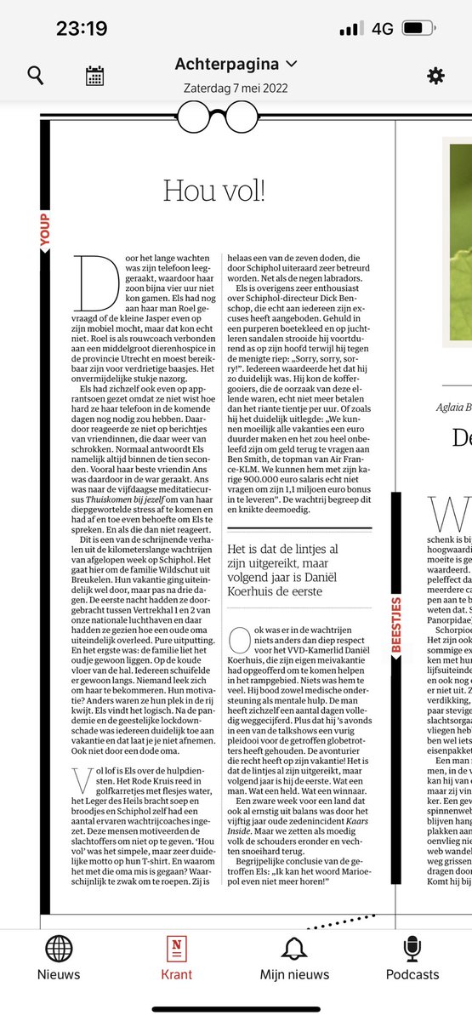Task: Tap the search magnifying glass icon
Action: [36, 76]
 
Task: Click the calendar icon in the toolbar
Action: [94, 76]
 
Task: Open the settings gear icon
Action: [435, 76]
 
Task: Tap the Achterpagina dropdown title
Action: [236, 64]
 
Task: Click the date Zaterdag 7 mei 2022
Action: [236, 87]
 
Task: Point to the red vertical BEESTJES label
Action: [395, 601]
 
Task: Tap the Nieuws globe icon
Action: [59, 949]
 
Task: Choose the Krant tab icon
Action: [177, 949]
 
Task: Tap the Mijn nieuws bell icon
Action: [294, 949]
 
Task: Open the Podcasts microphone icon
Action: [412, 949]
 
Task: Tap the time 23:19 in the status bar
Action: [82, 28]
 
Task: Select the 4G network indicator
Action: [383, 28]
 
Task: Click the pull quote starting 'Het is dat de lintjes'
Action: [298, 562]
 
